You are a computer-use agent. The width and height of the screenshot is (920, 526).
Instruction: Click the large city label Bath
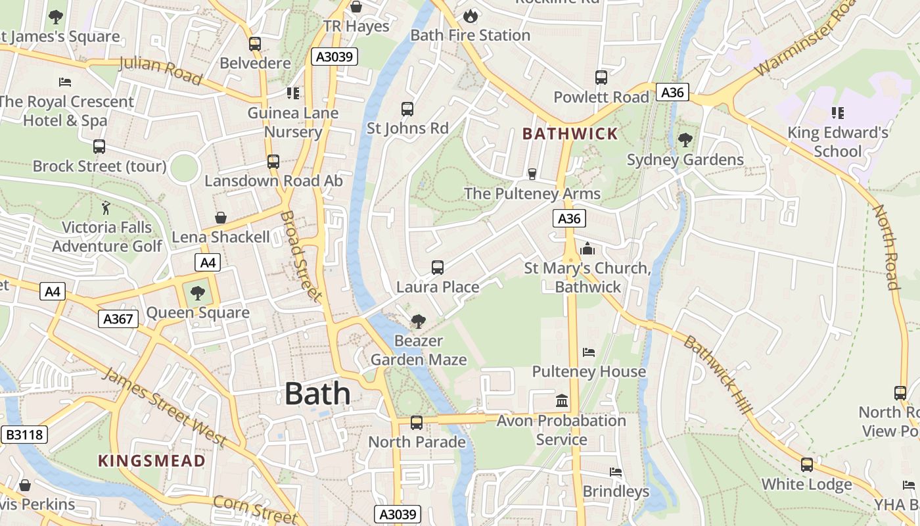(x=317, y=393)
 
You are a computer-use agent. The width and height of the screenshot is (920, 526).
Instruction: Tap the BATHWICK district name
(x=570, y=134)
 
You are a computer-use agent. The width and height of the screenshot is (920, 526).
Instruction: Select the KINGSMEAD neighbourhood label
(x=152, y=460)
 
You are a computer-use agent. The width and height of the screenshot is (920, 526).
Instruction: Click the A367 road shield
(x=119, y=320)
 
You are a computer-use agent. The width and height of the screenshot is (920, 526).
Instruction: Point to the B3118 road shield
(x=24, y=435)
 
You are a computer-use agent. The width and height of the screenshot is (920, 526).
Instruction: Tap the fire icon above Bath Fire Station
(x=471, y=15)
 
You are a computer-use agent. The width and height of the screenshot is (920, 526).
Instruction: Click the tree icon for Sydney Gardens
(x=685, y=139)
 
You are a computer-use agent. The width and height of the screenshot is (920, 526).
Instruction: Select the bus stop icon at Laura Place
(x=438, y=267)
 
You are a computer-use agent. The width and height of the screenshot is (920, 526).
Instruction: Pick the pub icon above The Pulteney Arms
(x=532, y=174)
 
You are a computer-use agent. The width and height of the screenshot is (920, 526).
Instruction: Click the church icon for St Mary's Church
(x=587, y=249)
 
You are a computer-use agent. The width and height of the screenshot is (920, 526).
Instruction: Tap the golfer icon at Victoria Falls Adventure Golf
(x=106, y=208)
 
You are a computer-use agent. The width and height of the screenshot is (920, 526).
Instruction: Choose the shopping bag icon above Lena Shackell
(x=221, y=217)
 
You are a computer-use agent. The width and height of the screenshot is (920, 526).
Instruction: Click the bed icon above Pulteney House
(x=589, y=352)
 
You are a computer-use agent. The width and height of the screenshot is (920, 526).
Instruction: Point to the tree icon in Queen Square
(x=197, y=293)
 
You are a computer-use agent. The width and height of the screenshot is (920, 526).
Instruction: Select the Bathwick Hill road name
(x=718, y=375)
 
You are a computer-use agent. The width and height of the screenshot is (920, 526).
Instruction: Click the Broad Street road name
(x=302, y=256)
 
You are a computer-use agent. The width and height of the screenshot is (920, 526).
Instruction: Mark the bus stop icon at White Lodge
(x=806, y=465)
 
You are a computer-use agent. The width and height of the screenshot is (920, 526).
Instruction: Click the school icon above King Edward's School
(x=837, y=113)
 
